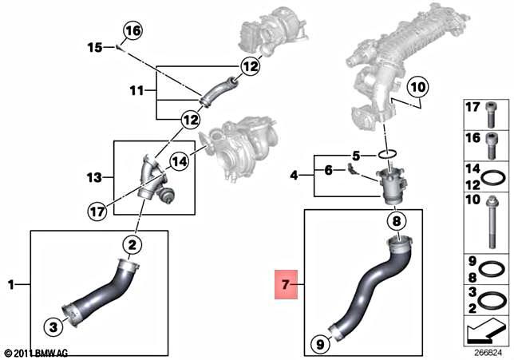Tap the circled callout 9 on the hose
click(319, 345)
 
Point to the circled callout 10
click(417, 85)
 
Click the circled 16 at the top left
click(132, 31)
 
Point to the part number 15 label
click(94, 48)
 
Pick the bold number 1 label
click(11, 284)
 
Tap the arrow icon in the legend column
click(487, 329)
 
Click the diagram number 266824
click(487, 352)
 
